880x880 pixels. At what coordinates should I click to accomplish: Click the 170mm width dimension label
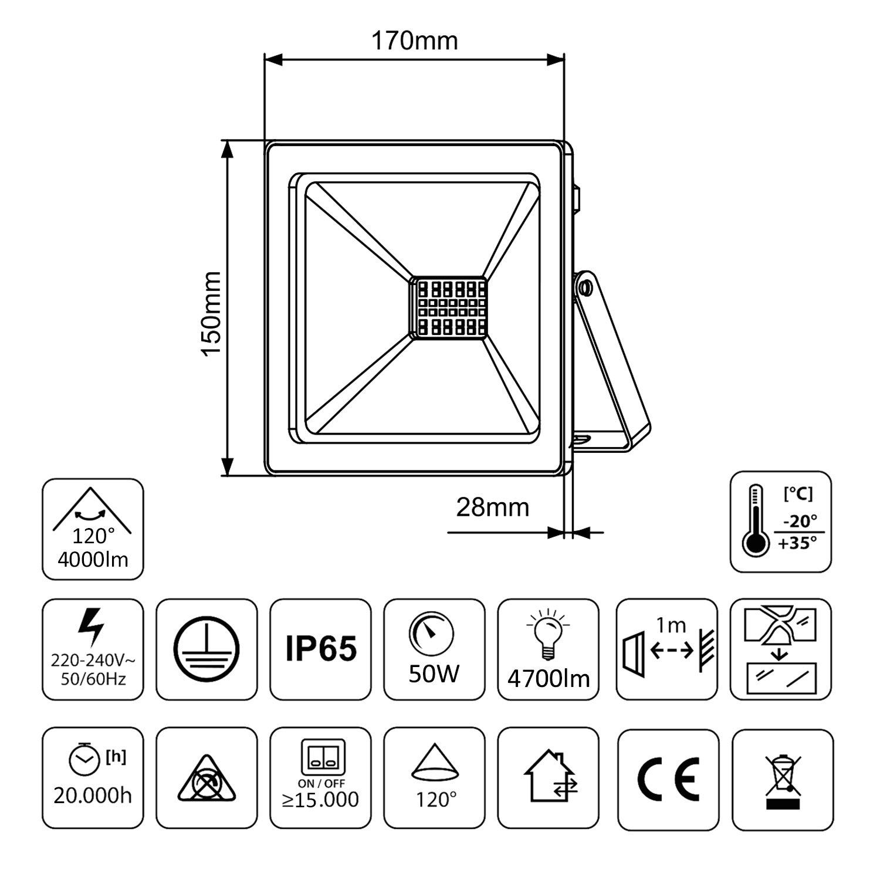point(414,41)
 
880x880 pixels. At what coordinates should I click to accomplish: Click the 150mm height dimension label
point(211,313)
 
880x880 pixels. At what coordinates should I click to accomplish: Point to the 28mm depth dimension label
point(492,507)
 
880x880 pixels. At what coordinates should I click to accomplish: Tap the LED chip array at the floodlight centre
point(449,307)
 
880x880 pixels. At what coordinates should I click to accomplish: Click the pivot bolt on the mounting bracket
point(584,288)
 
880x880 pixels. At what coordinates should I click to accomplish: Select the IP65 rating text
point(321,649)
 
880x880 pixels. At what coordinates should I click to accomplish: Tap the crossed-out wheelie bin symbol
point(783,780)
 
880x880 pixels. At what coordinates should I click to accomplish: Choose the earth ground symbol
point(207,649)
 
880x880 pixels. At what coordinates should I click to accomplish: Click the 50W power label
point(434,675)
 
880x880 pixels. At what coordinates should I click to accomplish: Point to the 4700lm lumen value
point(548,679)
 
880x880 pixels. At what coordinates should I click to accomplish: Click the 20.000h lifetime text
point(93,796)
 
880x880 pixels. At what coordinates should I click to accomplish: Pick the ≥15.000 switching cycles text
point(320,800)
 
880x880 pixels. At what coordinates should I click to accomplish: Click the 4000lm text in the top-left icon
point(93,560)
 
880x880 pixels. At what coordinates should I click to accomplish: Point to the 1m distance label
point(671,626)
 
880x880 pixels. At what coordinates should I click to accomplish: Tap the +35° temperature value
point(797,543)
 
